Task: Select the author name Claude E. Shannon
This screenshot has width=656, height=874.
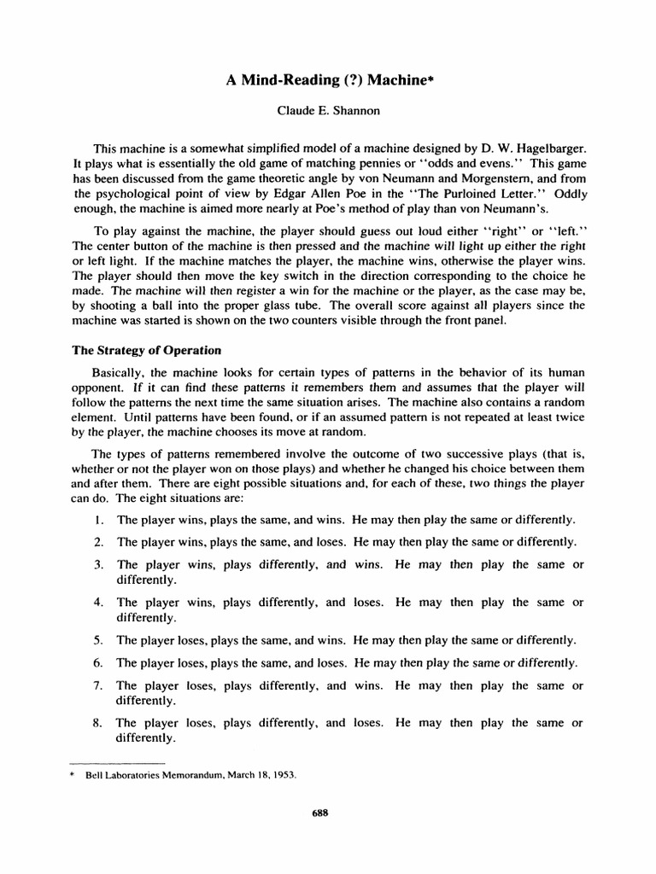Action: click(327, 113)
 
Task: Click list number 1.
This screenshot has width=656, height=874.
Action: click(99, 519)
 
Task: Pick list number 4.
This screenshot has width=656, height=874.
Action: click(99, 603)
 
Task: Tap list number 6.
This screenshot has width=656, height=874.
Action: click(99, 662)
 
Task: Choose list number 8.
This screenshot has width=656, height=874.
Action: click(99, 723)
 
